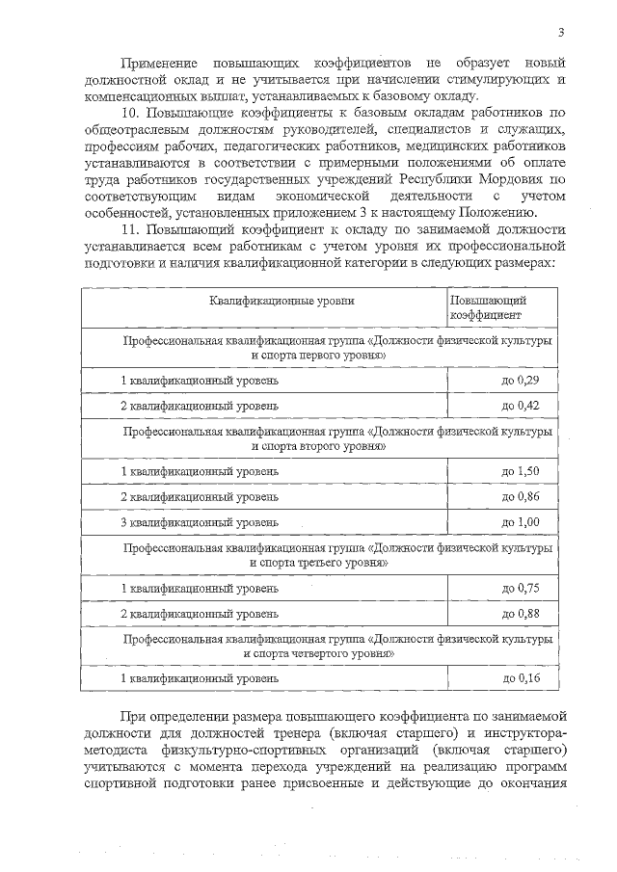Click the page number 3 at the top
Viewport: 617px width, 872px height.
coord(561,35)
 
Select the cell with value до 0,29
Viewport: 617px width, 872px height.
coord(520,382)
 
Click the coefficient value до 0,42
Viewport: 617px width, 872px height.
coord(520,405)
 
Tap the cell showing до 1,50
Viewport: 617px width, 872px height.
coord(520,471)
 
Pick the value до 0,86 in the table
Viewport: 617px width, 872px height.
coord(520,496)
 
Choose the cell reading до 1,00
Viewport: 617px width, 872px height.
coord(520,521)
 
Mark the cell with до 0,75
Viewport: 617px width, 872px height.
coord(520,588)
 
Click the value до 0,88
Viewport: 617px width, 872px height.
coord(520,613)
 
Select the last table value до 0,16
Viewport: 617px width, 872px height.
coord(520,678)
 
